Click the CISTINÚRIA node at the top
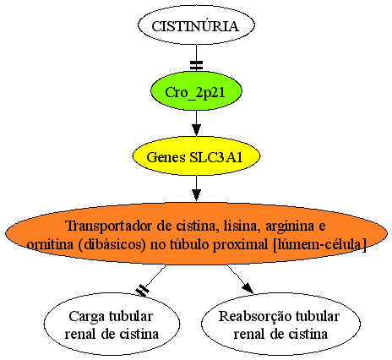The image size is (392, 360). (196, 25)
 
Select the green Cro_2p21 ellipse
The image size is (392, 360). (196, 91)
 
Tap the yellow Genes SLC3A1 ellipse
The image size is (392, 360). (196, 156)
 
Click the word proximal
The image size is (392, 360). (240, 245)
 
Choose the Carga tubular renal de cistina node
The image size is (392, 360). (112, 324)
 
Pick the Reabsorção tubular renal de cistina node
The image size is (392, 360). (280, 324)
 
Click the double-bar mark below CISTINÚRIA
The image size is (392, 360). (196, 65)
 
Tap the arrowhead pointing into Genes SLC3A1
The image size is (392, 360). (196, 130)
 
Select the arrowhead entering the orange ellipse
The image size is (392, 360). (196, 195)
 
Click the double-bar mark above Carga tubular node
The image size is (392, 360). (143, 290)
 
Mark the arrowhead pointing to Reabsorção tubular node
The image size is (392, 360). (248, 288)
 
